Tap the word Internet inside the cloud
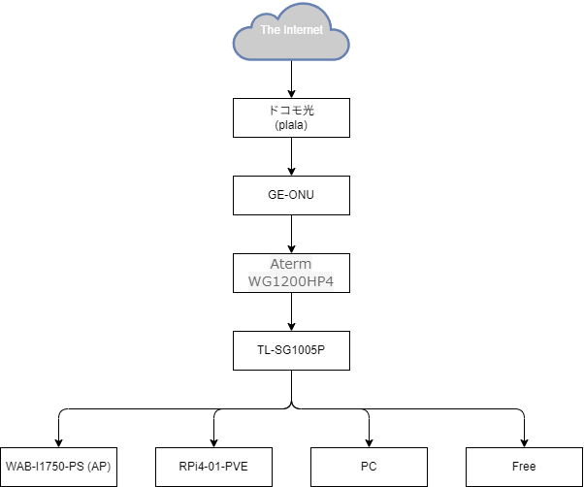coord(303,30)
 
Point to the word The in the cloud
coord(270,30)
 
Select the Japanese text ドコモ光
coord(291,111)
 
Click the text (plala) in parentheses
coord(291,124)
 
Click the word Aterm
coord(291,265)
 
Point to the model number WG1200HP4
coord(291,281)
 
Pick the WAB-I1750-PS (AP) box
coord(58,467)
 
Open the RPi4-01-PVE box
coord(213,467)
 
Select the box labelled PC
coord(369,467)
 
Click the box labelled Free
coord(524,467)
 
